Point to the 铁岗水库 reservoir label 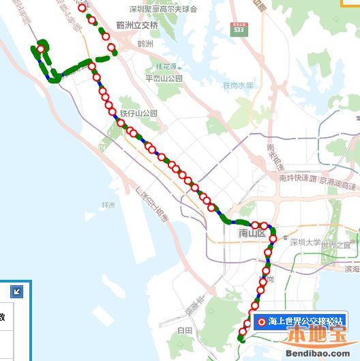(238, 86)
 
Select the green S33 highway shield (238, 31)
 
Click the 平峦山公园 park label (164, 78)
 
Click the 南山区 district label (251, 234)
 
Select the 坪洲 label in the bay (109, 205)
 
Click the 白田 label (185, 330)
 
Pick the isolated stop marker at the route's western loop (40, 49)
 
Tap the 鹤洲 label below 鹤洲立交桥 (145, 44)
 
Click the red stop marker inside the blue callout (261, 321)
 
